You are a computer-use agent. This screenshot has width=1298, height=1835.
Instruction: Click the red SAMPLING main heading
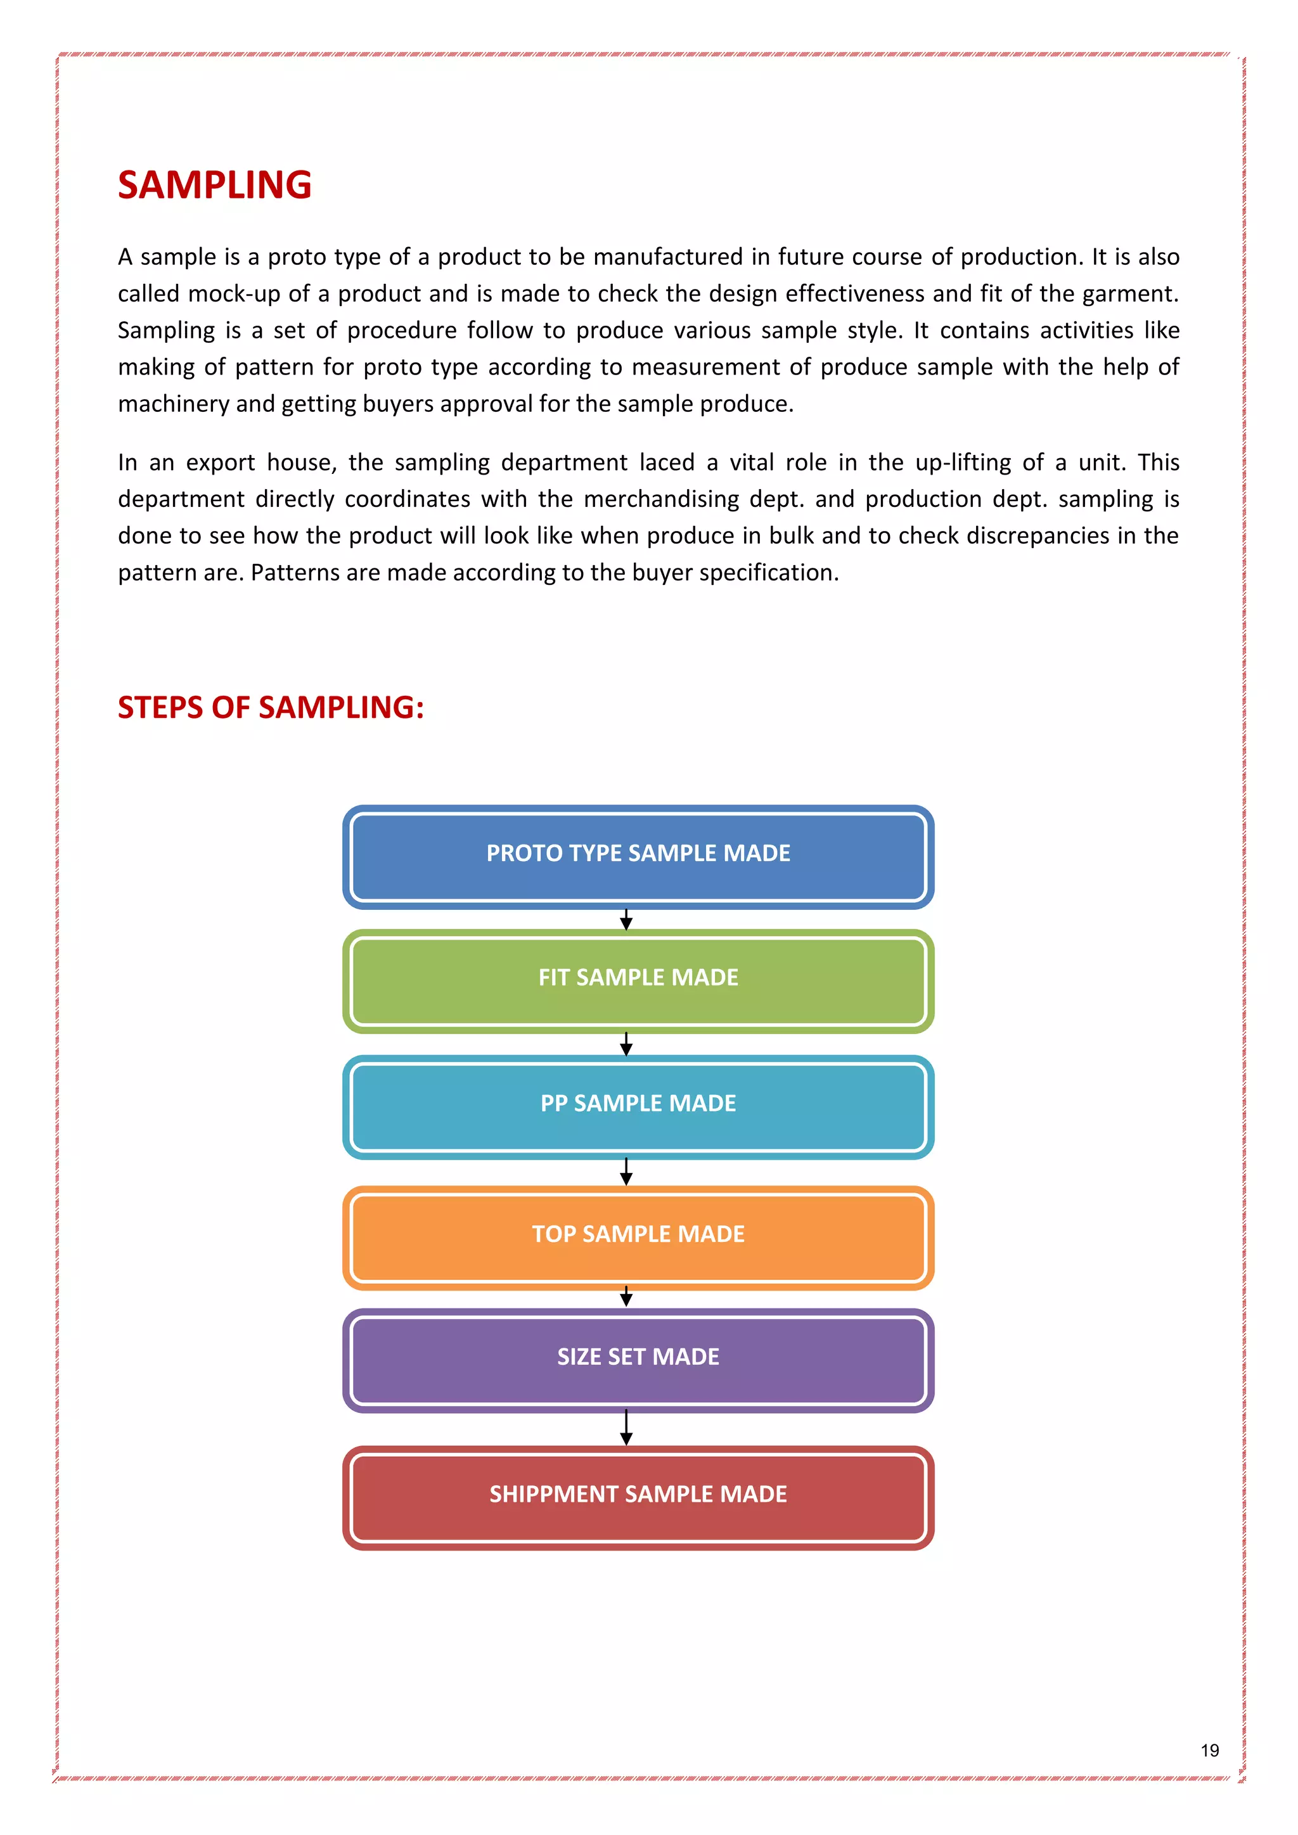click(214, 186)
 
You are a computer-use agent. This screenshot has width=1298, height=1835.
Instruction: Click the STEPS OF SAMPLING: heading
click(270, 707)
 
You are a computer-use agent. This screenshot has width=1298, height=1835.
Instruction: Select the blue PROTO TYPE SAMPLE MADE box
click(638, 855)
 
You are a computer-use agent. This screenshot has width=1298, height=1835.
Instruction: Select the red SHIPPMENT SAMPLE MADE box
click(638, 1496)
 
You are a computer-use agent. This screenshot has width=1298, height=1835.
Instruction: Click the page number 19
click(1209, 1750)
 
